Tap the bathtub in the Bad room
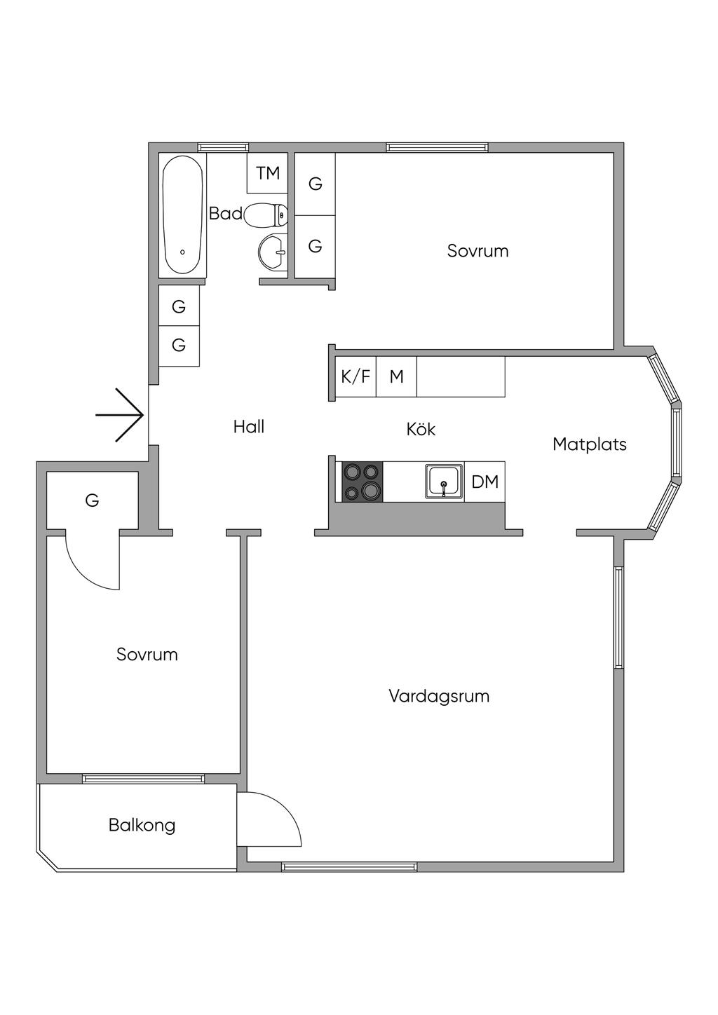coord(183,214)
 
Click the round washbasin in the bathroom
coord(272,251)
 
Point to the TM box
coord(268,172)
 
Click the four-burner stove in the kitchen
coord(363,482)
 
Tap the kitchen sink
coord(443,482)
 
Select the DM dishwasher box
coord(485,482)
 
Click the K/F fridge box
coord(355,376)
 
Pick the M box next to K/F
coord(397,376)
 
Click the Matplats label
coord(589,444)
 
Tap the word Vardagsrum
coord(439,696)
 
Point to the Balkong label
coord(142,825)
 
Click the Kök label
coord(421,429)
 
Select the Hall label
coord(248,426)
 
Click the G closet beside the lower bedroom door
coord(92,500)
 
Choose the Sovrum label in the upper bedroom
coord(477,251)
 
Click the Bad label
coord(225,213)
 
